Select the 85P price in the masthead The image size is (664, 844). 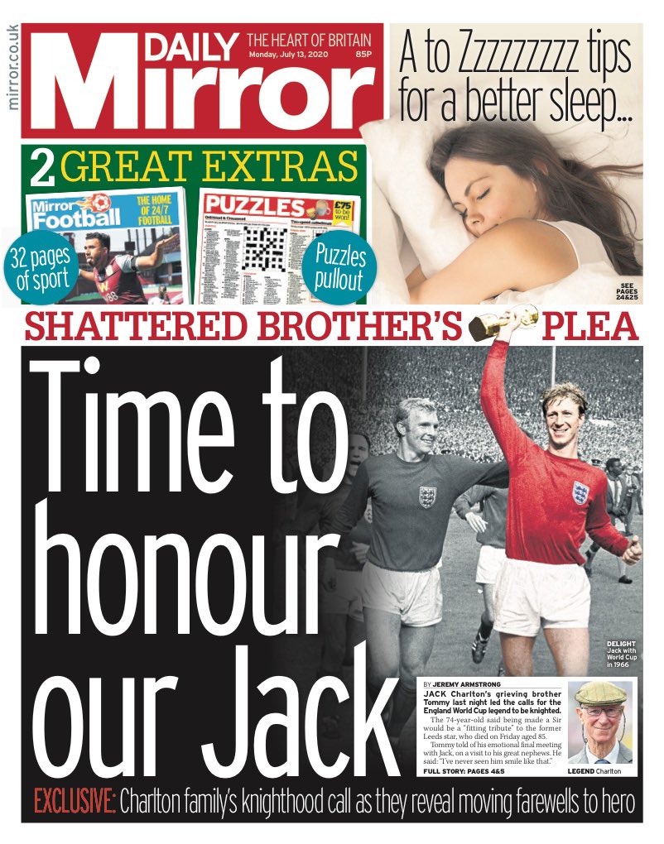click(x=362, y=55)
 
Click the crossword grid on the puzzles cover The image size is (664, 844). click(x=263, y=247)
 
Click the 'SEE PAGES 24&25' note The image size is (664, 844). click(x=626, y=291)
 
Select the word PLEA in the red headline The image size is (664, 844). click(x=590, y=328)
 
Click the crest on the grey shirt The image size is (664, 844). click(x=427, y=496)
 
